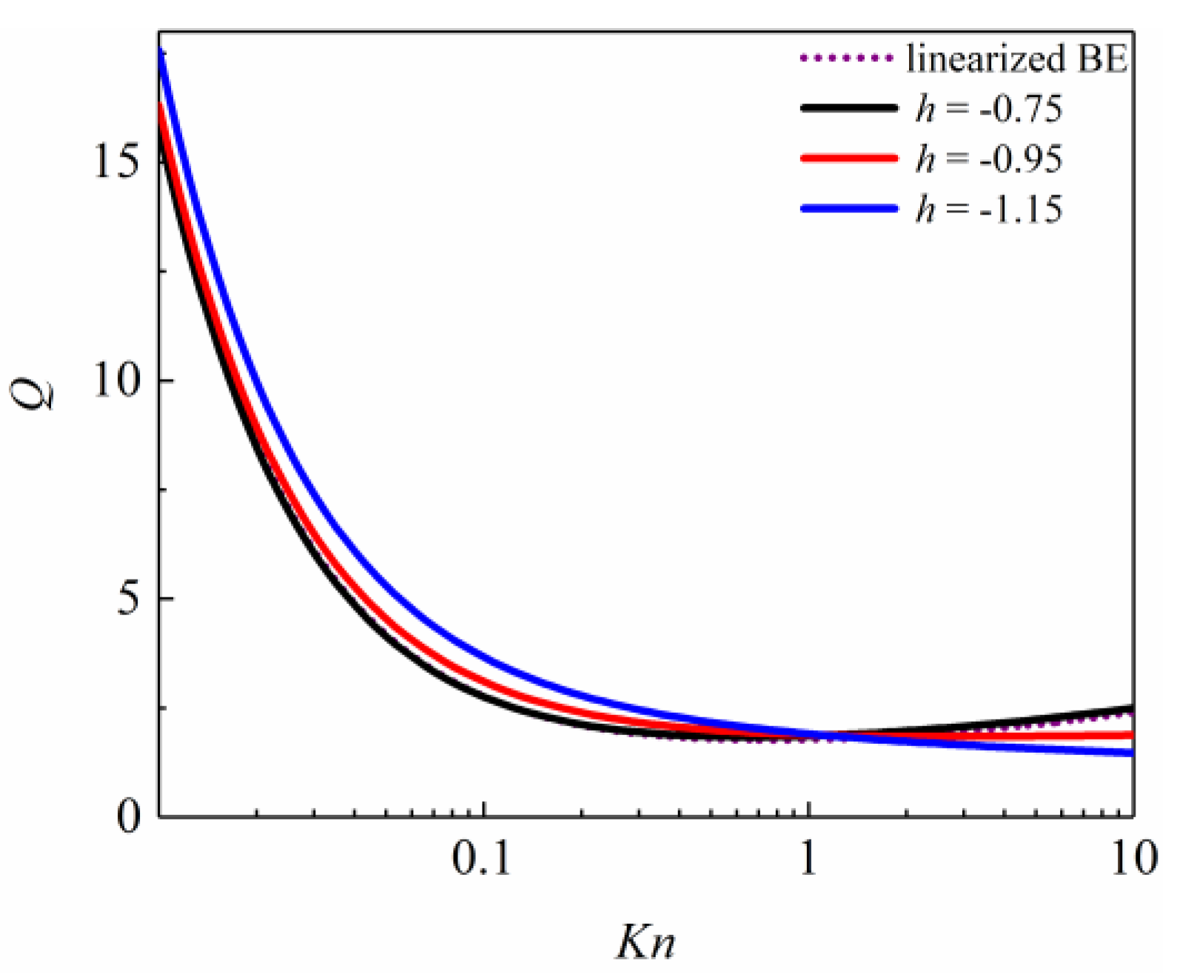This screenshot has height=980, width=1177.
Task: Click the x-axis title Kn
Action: click(x=645, y=943)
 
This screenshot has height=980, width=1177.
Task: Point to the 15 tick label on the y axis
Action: click(x=117, y=163)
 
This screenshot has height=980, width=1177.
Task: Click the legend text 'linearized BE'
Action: click(x=1017, y=58)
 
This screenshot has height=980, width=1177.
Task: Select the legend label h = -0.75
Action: click(x=989, y=109)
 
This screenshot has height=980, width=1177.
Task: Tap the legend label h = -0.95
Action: click(x=989, y=159)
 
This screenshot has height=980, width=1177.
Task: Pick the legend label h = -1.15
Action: click(x=989, y=209)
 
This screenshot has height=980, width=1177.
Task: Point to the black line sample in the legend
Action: click(x=848, y=108)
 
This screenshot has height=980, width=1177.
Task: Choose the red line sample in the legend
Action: click(x=848, y=158)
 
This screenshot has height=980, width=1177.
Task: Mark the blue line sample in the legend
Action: click(x=848, y=209)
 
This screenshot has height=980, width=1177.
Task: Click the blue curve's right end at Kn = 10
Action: click(x=1131, y=753)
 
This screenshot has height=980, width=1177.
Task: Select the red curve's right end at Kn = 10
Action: click(x=1131, y=735)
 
